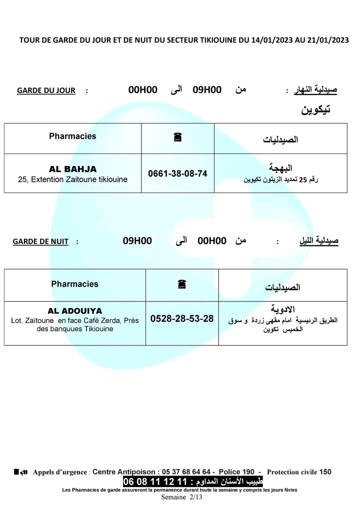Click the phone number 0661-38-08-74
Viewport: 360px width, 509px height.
click(x=177, y=173)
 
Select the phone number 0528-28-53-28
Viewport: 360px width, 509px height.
click(x=182, y=318)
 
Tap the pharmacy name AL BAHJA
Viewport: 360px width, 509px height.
click(x=72, y=169)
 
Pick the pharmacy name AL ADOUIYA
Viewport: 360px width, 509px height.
click(x=74, y=310)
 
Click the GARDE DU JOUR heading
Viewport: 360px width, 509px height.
click(x=46, y=90)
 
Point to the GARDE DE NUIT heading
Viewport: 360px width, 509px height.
click(x=40, y=241)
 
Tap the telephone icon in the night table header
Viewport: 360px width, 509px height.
click(x=181, y=284)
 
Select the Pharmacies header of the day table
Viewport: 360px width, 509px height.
click(x=72, y=136)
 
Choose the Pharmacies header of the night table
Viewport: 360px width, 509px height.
click(x=74, y=284)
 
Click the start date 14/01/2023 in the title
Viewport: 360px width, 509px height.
click(x=274, y=40)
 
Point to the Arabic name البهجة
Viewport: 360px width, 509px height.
click(x=281, y=168)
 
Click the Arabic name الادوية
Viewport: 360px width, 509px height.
click(x=282, y=308)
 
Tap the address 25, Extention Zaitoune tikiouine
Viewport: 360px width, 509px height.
click(x=72, y=179)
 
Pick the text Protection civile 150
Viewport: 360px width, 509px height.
click(x=299, y=471)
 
